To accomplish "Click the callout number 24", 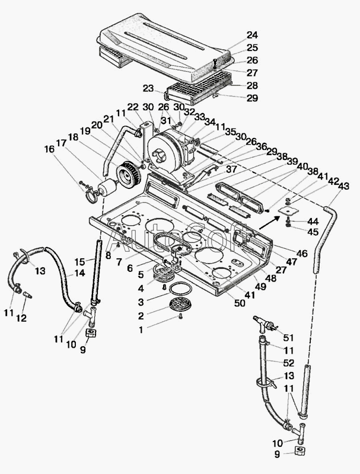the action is click(x=252, y=35).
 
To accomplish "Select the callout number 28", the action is click(x=252, y=85).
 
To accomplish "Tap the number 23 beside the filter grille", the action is click(x=148, y=88).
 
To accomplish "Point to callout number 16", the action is click(x=49, y=149).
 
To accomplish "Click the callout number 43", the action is click(x=343, y=186).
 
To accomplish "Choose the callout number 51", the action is click(x=288, y=337).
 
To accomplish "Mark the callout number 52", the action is click(x=289, y=363).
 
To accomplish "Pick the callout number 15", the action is click(x=80, y=261).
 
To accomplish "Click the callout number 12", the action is click(x=21, y=318).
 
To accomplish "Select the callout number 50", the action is click(x=240, y=303).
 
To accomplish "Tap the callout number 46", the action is click(x=301, y=254).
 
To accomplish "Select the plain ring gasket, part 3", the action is click(x=180, y=289).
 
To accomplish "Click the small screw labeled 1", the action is click(x=181, y=317).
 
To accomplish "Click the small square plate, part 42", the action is click(x=288, y=211).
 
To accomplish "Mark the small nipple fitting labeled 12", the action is click(x=27, y=295).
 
